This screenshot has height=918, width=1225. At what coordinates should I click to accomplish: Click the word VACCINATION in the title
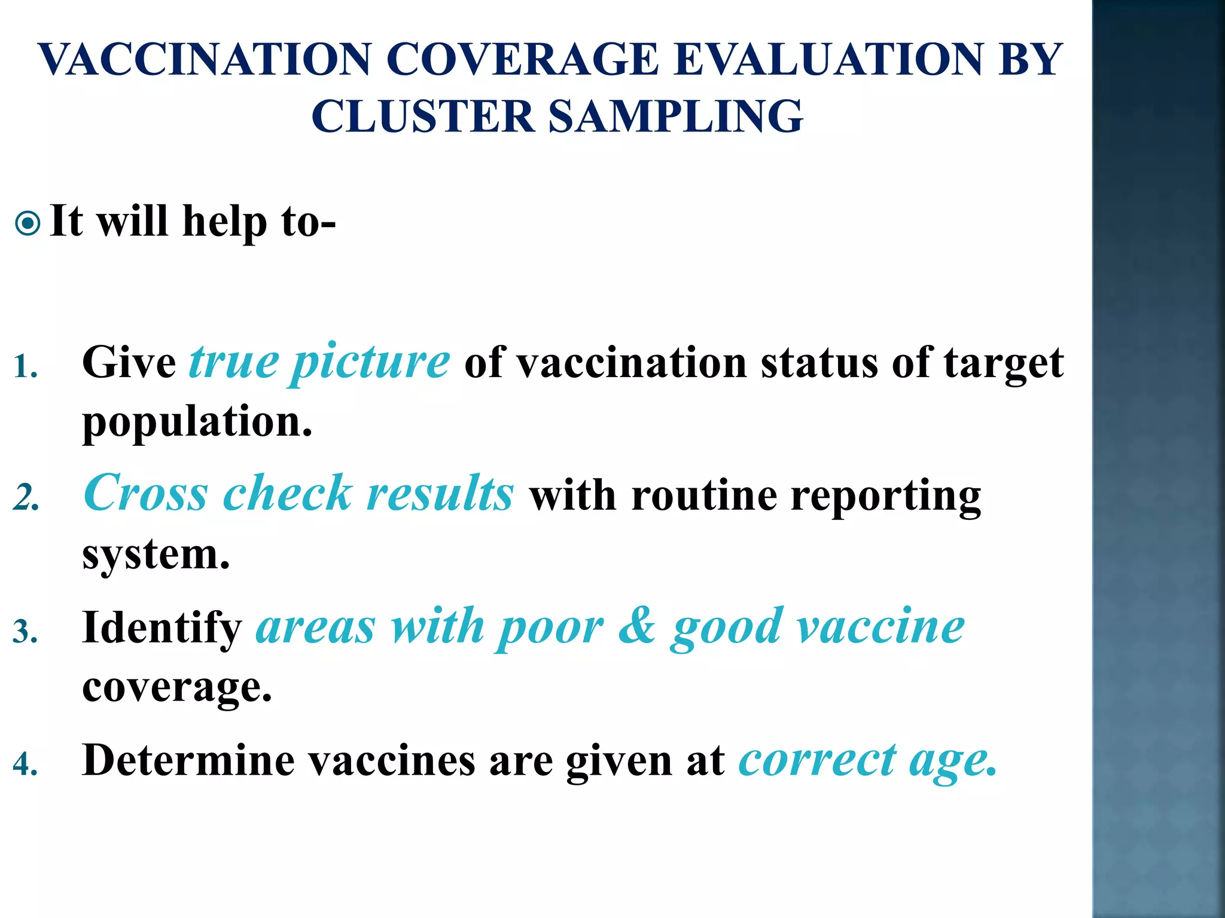point(205,60)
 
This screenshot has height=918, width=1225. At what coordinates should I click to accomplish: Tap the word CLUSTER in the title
point(422,116)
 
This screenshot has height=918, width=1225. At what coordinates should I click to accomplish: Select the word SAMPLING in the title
point(675,116)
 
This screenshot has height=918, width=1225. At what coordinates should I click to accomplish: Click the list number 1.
point(25,366)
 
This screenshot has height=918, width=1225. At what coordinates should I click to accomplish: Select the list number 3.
point(25,632)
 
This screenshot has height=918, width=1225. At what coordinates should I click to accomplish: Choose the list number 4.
point(25,764)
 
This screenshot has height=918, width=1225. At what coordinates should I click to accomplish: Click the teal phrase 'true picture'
point(319,362)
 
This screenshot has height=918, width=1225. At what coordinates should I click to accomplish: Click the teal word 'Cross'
point(146,494)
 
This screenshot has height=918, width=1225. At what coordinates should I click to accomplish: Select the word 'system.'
point(156,555)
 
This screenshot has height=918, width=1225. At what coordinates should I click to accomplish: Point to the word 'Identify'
point(161,629)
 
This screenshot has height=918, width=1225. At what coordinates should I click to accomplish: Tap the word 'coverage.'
point(177,688)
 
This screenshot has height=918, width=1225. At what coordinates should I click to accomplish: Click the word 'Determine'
point(188,760)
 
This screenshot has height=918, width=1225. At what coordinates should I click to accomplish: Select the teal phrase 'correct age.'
point(867,761)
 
